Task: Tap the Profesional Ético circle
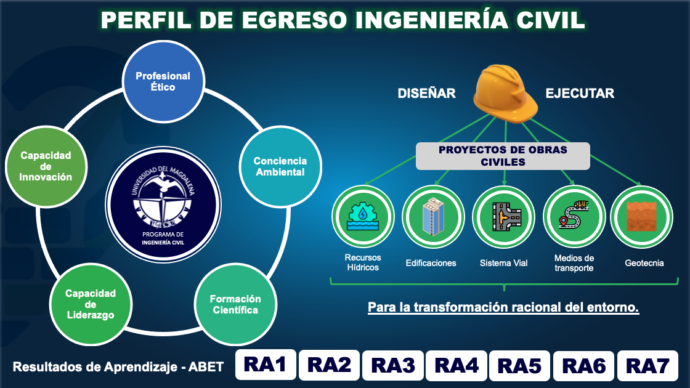pyautogui.click(x=163, y=81)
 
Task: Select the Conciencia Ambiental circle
pyautogui.click(x=280, y=167)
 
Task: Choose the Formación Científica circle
pyautogui.click(x=235, y=304)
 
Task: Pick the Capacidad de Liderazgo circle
pyautogui.click(x=91, y=304)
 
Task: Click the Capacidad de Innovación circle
pyautogui.click(x=46, y=167)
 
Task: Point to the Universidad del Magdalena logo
pyautogui.click(x=163, y=204)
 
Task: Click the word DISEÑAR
pyautogui.click(x=426, y=93)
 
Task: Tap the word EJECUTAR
pyautogui.click(x=580, y=93)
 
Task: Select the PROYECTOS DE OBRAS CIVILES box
pyautogui.click(x=503, y=156)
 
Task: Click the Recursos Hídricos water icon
pyautogui.click(x=363, y=216)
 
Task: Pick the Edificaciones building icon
pyautogui.click(x=433, y=216)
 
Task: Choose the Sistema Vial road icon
pyautogui.click(x=503, y=217)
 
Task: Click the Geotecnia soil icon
pyautogui.click(x=641, y=217)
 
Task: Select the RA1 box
pyautogui.click(x=266, y=365)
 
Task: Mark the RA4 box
pyautogui.click(x=457, y=366)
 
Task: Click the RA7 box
pyautogui.click(x=647, y=366)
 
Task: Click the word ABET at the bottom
pyautogui.click(x=206, y=367)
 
